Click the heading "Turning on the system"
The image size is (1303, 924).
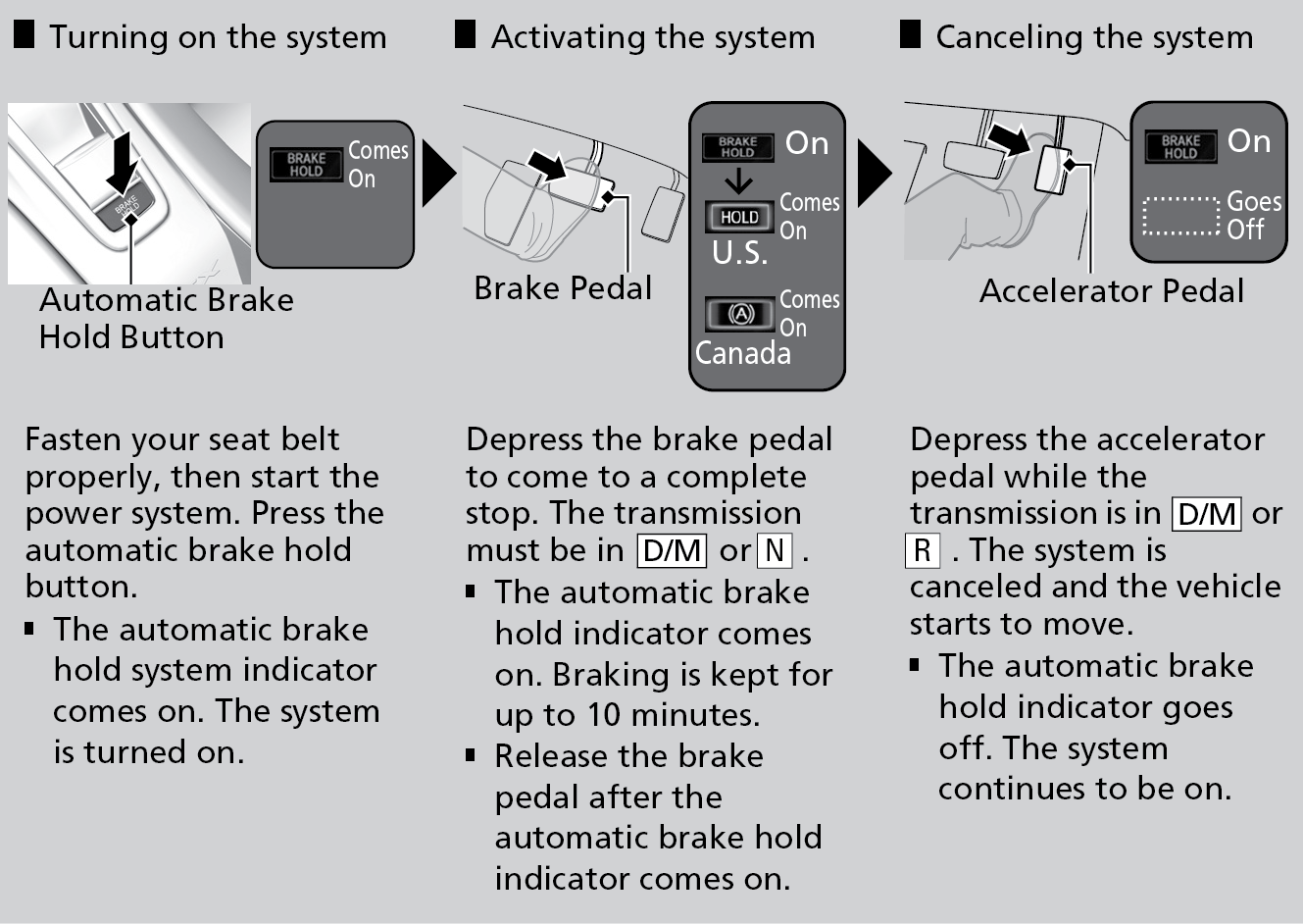[218, 37]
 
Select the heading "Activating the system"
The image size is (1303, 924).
[652, 37]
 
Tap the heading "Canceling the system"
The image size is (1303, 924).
[1093, 37]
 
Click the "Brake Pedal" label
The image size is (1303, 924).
[562, 287]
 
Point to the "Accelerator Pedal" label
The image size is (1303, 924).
[1111, 290]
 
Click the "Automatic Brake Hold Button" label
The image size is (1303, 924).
[166, 318]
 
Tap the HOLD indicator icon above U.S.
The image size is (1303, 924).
[739, 217]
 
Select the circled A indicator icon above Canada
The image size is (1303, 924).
[739, 314]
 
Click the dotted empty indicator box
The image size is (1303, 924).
[1180, 216]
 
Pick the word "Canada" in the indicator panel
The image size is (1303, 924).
[742, 353]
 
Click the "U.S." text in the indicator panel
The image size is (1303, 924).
[739, 253]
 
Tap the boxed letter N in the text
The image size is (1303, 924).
[775, 550]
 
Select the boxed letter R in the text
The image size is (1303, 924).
[922, 550]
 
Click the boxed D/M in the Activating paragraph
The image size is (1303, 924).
[672, 550]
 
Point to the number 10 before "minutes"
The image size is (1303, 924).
[605, 715]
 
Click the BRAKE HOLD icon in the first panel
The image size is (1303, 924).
[306, 165]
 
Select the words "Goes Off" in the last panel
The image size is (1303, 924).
[1253, 215]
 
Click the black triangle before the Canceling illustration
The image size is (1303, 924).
[873, 174]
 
